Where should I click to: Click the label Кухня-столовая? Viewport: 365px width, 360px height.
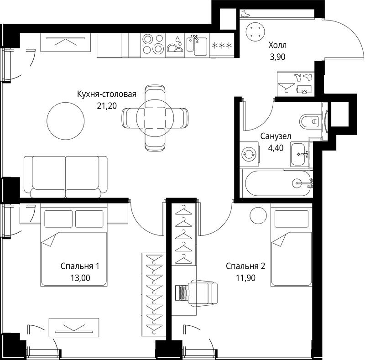pyautogui.click(x=107, y=94)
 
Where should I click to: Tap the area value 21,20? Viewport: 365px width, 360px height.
pyautogui.click(x=107, y=106)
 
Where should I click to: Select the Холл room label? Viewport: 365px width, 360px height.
pyautogui.click(x=277, y=45)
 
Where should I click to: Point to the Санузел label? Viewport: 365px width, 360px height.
pyautogui.click(x=276, y=136)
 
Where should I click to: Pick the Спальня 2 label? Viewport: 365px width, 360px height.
pyautogui.click(x=245, y=266)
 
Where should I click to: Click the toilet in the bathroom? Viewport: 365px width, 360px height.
pyautogui.click(x=309, y=121)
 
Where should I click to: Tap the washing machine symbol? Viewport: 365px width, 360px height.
pyautogui.click(x=249, y=154)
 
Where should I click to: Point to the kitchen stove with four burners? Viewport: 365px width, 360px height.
pyautogui.click(x=153, y=45)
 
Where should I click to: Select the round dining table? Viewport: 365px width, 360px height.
pyautogui.click(x=155, y=118)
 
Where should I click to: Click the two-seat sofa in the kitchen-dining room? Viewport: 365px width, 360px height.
pyautogui.click(x=66, y=177)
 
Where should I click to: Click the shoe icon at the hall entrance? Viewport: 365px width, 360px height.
pyautogui.click(x=245, y=14)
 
